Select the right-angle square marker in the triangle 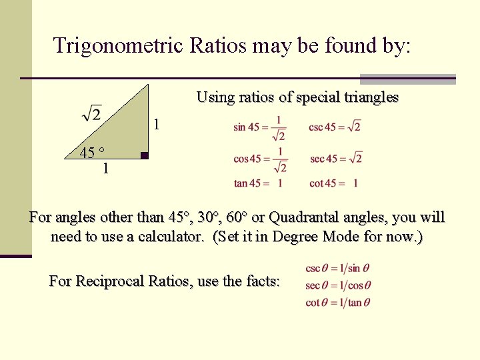point(144,157)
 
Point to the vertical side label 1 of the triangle point(156,125)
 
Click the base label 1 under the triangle point(105,169)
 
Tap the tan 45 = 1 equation point(258,183)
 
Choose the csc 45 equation point(334,127)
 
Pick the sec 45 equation point(335,159)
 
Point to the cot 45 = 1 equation point(333,183)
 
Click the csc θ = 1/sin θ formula point(337,269)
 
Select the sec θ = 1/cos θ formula point(338,285)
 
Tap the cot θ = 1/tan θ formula point(338,302)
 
